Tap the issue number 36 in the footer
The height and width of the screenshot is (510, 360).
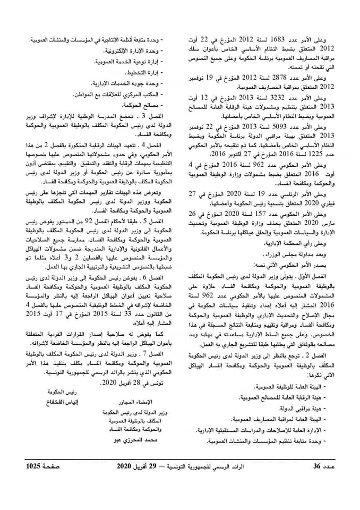[317, 466]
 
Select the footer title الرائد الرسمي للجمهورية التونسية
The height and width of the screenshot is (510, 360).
[212, 466]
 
